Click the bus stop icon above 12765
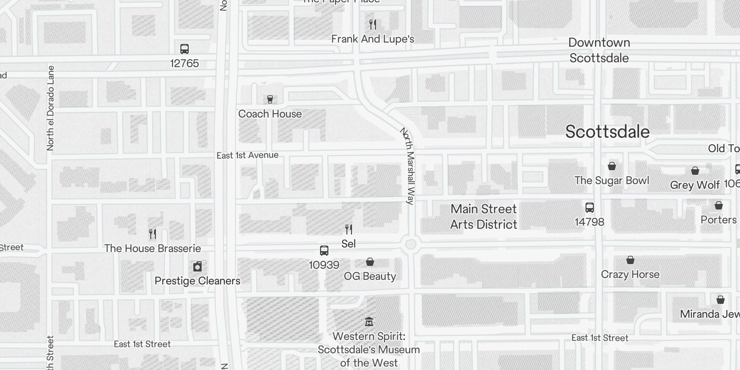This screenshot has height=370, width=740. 184,49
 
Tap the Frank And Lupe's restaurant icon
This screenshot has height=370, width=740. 373,25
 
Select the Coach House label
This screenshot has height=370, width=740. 270,114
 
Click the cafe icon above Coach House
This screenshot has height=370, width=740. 270,99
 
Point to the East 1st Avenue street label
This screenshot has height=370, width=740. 247,155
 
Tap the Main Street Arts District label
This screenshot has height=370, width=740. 484,216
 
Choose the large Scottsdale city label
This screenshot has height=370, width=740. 607,132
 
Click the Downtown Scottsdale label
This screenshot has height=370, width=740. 599,50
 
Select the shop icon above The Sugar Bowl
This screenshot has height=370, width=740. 612,166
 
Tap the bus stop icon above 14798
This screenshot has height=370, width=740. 589,207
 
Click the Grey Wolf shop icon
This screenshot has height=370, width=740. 695,171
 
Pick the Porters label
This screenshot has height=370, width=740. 718,220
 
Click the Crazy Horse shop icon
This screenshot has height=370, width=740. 630,260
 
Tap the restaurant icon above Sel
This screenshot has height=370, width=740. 349,229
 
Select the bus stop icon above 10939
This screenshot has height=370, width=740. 324,251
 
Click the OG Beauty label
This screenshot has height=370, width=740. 370,276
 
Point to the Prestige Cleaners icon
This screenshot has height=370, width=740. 197,266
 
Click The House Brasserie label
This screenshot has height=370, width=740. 153,248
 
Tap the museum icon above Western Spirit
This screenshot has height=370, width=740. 369,321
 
